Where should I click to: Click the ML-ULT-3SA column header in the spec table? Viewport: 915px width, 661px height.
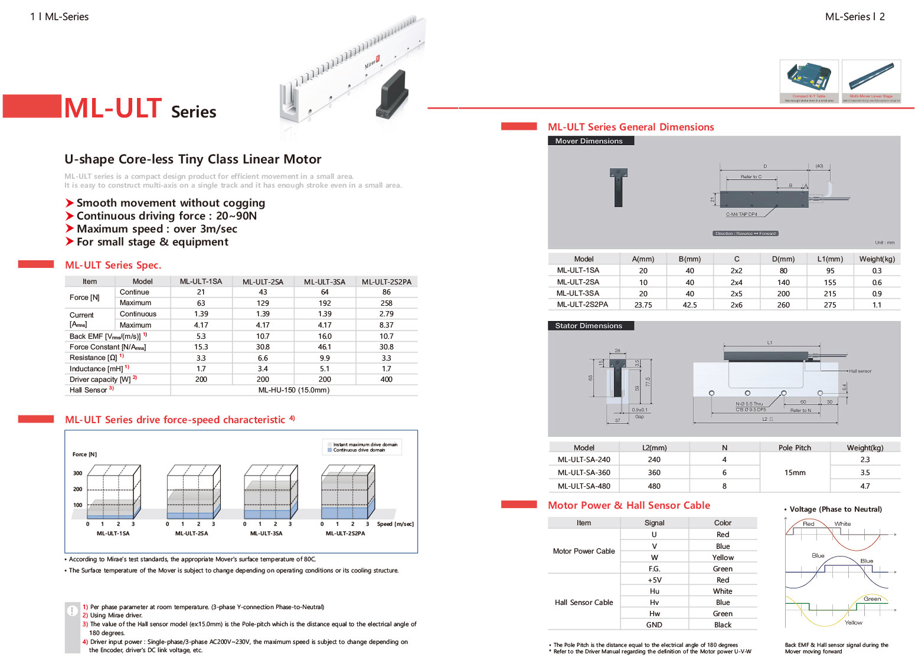(325, 282)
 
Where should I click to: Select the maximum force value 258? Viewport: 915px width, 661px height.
(386, 303)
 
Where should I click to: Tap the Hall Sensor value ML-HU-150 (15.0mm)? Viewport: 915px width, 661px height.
(294, 390)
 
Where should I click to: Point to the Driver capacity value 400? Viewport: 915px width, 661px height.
(386, 379)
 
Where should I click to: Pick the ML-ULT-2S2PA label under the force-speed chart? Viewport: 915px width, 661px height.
(345, 534)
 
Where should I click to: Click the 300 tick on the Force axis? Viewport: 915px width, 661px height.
(78, 473)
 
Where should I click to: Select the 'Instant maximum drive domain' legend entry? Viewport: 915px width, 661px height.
(364, 444)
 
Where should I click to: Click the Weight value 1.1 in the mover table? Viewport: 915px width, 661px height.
(877, 305)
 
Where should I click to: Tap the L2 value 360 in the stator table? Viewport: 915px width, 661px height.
(654, 473)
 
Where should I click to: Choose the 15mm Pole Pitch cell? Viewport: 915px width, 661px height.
(795, 473)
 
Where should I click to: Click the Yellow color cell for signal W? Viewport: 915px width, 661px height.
(723, 558)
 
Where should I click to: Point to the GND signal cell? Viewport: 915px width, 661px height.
(654, 625)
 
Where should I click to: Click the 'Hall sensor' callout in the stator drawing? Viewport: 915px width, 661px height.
(860, 371)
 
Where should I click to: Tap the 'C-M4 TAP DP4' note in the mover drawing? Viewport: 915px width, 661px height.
(741, 214)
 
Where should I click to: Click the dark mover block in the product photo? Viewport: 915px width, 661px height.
(393, 94)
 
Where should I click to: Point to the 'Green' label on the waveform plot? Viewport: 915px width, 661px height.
(872, 599)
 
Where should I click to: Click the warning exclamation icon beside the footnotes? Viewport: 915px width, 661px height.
(72, 611)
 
